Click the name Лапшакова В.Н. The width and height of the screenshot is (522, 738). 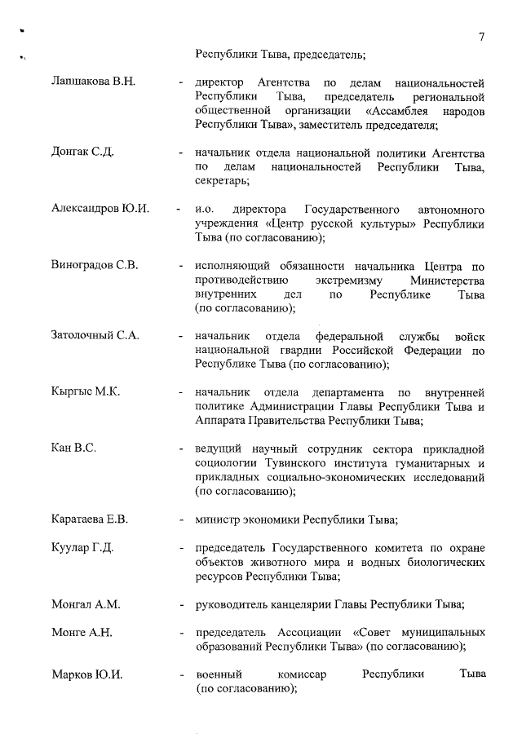click(x=92, y=84)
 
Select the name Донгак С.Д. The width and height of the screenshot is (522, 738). click(x=82, y=153)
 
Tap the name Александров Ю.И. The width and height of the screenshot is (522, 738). click(x=100, y=209)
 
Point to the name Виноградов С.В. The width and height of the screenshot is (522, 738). click(x=95, y=266)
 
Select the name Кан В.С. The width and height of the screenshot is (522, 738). click(x=74, y=449)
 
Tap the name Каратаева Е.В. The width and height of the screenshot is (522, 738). click(x=90, y=519)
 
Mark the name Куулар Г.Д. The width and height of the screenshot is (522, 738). click(x=82, y=547)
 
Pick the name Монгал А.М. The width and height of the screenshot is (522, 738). click(x=86, y=604)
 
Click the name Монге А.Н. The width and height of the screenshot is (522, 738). click(x=82, y=633)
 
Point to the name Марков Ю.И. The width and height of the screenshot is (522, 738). click(x=86, y=675)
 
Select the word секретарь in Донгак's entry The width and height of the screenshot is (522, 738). click(x=221, y=181)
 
